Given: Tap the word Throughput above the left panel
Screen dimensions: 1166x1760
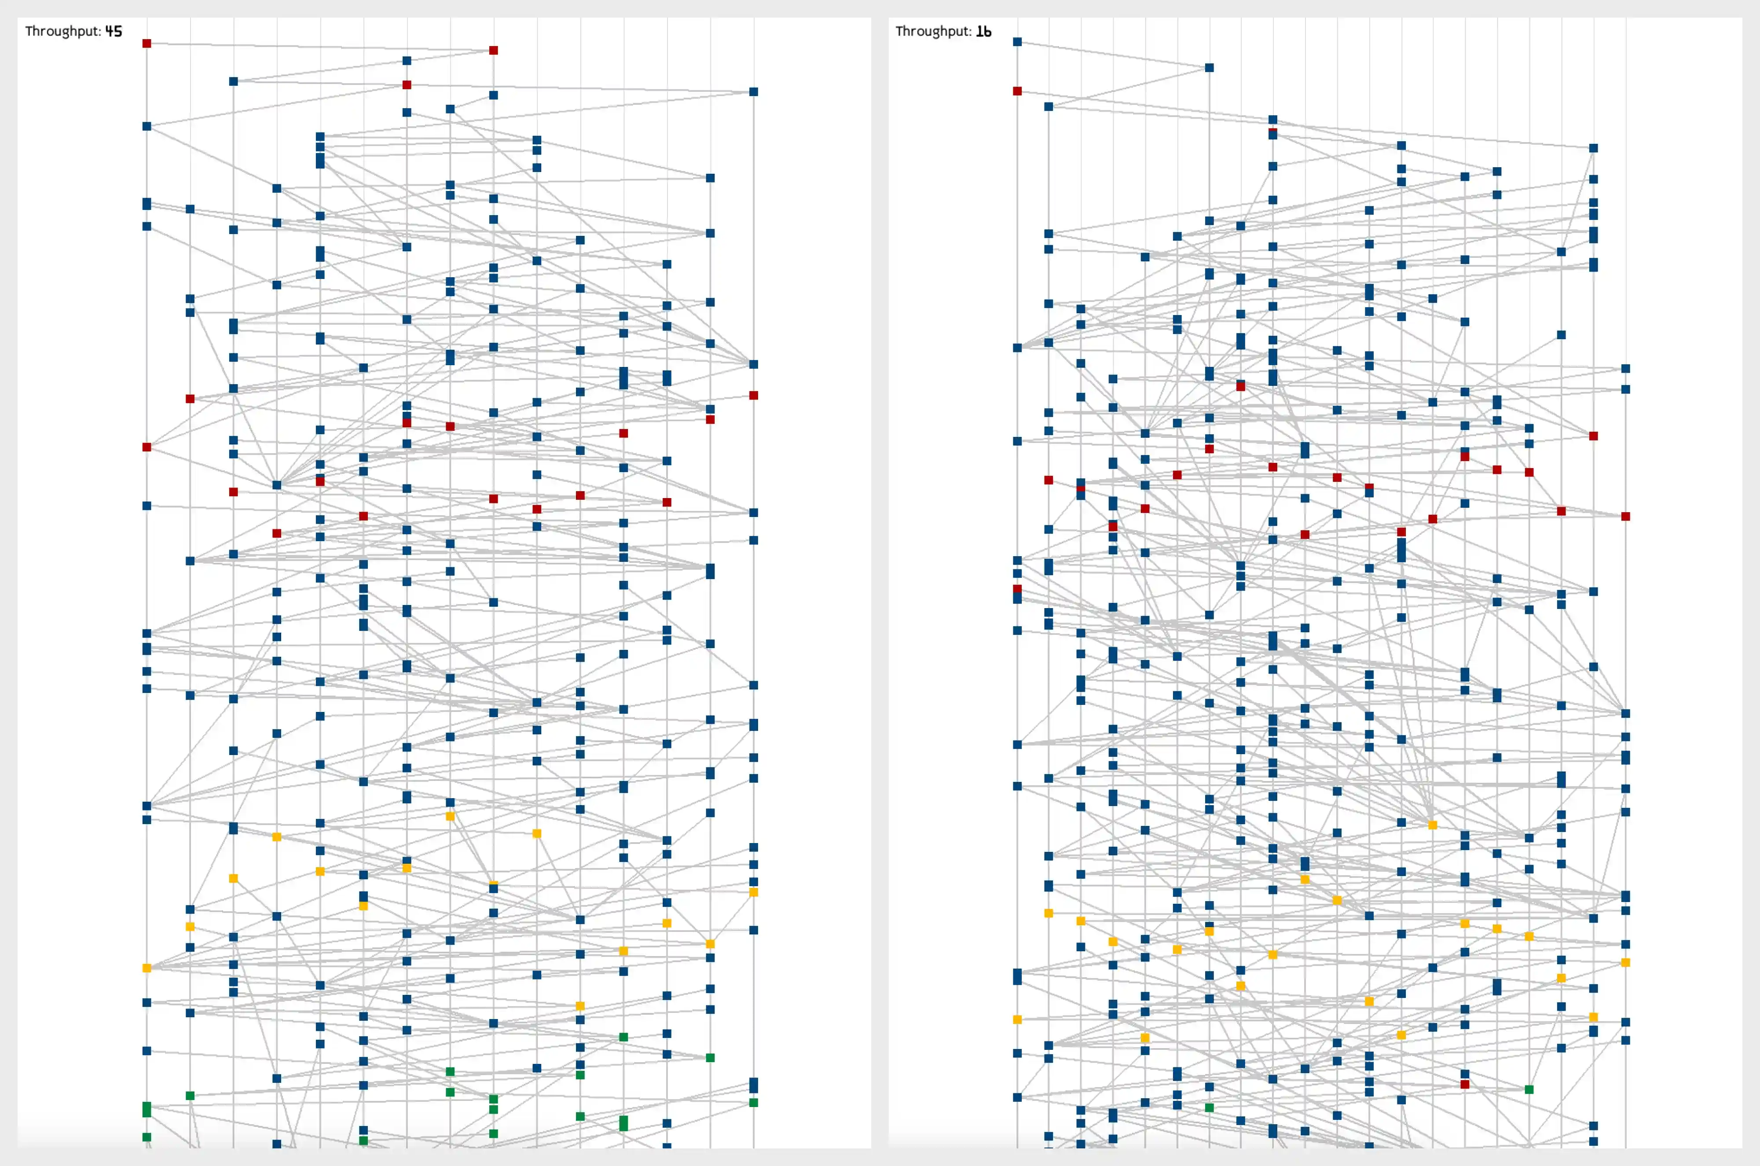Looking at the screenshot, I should (x=62, y=31).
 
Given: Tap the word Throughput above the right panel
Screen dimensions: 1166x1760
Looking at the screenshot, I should (x=932, y=31).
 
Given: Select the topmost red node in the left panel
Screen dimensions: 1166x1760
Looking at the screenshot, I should (x=147, y=43).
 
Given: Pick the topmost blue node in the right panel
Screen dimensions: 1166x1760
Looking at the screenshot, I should (x=1017, y=42).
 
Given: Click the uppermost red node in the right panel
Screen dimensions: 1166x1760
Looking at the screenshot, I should (x=1017, y=91).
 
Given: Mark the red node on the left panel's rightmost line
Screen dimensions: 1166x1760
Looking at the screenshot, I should (x=753, y=395).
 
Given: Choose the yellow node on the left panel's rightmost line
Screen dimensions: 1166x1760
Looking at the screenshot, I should (x=753, y=891).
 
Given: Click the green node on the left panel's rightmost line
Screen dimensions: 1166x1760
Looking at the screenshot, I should (x=753, y=1102).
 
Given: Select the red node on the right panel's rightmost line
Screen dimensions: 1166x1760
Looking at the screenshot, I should (x=1625, y=516).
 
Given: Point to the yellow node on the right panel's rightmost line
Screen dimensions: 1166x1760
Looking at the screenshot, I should (x=1625, y=962).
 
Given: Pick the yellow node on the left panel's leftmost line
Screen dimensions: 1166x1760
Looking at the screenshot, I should (x=147, y=968).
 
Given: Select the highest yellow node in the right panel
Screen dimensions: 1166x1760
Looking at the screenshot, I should (x=1432, y=825).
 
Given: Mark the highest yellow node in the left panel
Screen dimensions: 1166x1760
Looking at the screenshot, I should (x=450, y=816).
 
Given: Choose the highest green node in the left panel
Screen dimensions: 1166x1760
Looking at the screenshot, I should (x=623, y=1037).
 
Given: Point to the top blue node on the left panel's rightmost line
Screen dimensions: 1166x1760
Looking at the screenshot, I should (x=753, y=92).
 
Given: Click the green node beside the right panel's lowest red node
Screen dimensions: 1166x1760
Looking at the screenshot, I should (x=1529, y=1089).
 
